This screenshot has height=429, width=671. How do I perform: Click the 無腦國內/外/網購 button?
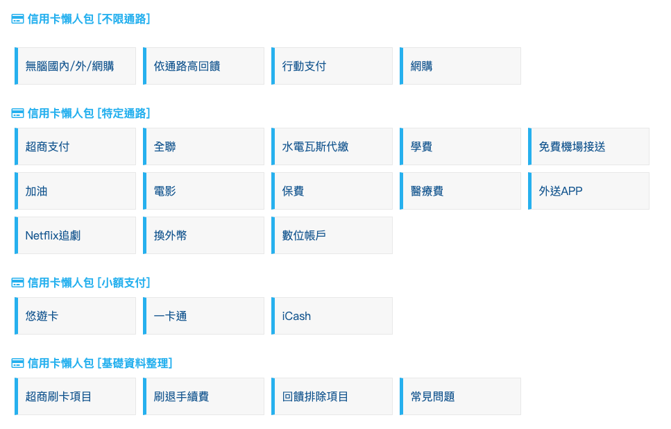coord(75,66)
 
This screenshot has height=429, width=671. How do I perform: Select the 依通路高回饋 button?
coord(203,66)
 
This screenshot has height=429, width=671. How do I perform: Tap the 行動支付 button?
coord(332,66)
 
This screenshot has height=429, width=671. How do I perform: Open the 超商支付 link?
coord(75,146)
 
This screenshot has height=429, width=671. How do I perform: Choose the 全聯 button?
coord(203,146)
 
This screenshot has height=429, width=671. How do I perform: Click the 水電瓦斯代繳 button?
coord(332,146)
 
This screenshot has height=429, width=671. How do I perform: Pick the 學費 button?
coord(460,146)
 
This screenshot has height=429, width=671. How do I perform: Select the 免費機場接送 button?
coord(588,146)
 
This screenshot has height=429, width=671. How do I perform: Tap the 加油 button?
coord(75,191)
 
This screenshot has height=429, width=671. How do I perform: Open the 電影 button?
coord(203,191)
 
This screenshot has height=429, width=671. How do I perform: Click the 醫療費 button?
coord(460,191)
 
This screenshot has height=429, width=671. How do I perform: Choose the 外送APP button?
coord(588,191)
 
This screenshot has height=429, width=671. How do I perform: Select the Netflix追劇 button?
coord(75,235)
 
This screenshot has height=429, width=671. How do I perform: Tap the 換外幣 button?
coord(203,235)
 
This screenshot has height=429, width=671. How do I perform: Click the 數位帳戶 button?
coord(332,235)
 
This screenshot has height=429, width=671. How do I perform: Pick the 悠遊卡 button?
coord(75,316)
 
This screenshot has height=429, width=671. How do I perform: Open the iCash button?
coord(332,316)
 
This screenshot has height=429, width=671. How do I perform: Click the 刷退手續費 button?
coord(203,396)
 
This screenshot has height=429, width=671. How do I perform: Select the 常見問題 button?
coord(460,396)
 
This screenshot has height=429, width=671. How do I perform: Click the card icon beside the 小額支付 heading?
coord(18,283)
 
